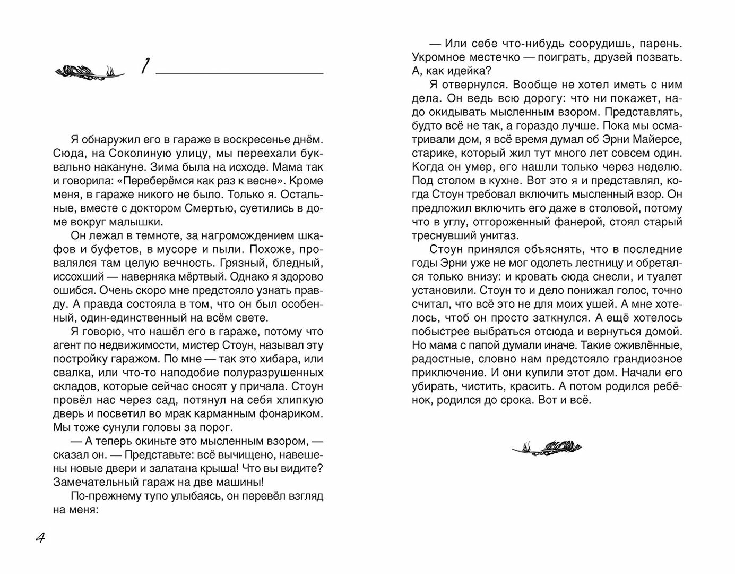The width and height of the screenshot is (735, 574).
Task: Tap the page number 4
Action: pos(40,538)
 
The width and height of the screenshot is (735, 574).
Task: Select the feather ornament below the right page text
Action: pos(547,446)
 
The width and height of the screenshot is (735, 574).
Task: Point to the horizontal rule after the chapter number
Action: pos(239,73)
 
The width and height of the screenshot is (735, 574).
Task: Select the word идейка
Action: pos(462,71)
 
